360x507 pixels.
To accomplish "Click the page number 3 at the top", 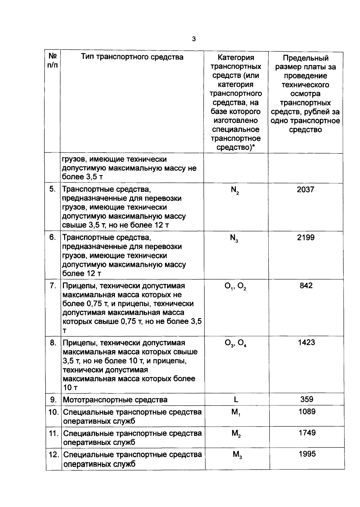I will click(194, 39).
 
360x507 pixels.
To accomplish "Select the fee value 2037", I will click(305, 189).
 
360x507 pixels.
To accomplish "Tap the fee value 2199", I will click(306, 237).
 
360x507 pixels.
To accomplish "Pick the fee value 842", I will click(306, 285).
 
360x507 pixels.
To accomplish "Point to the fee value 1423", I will click(306, 342).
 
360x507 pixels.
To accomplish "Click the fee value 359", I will click(307, 399).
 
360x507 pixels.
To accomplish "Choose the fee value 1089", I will click(307, 412).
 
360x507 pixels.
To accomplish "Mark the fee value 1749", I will click(307, 433).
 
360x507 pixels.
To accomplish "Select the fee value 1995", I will click(307, 454).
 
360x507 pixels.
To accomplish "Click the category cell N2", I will click(235, 190).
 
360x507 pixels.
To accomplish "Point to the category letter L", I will click(236, 399).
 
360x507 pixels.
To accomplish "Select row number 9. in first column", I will click(53, 400).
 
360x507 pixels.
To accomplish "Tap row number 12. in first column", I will click(54, 455).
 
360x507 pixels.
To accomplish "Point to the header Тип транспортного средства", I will click(132, 57).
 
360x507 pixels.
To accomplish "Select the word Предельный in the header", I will click(306, 58).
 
